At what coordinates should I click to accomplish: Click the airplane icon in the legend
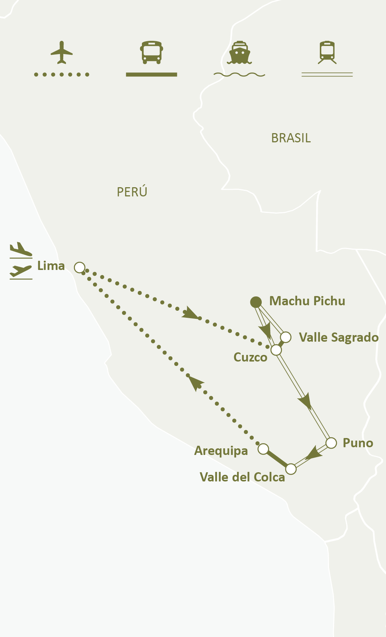[62, 52]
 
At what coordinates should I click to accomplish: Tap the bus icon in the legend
[151, 52]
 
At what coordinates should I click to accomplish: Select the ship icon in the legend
[239, 52]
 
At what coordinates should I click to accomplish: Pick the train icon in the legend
[327, 52]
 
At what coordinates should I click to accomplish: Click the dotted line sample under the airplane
[62, 75]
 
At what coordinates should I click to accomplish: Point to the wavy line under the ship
[239, 75]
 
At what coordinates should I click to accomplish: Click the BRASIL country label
[291, 138]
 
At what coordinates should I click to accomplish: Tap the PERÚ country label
[132, 192]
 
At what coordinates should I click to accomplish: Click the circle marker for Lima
[80, 267]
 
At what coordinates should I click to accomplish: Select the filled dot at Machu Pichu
[256, 302]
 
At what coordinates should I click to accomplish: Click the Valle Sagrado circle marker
[286, 337]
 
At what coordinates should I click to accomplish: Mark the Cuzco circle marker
[276, 350]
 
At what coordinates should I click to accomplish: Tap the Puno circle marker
[331, 443]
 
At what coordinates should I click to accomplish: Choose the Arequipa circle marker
[263, 449]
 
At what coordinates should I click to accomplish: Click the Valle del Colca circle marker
[291, 469]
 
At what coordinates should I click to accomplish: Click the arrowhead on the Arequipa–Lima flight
[196, 382]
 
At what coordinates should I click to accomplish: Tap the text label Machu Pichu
[307, 301]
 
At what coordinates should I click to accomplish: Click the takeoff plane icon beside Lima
[21, 249]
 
